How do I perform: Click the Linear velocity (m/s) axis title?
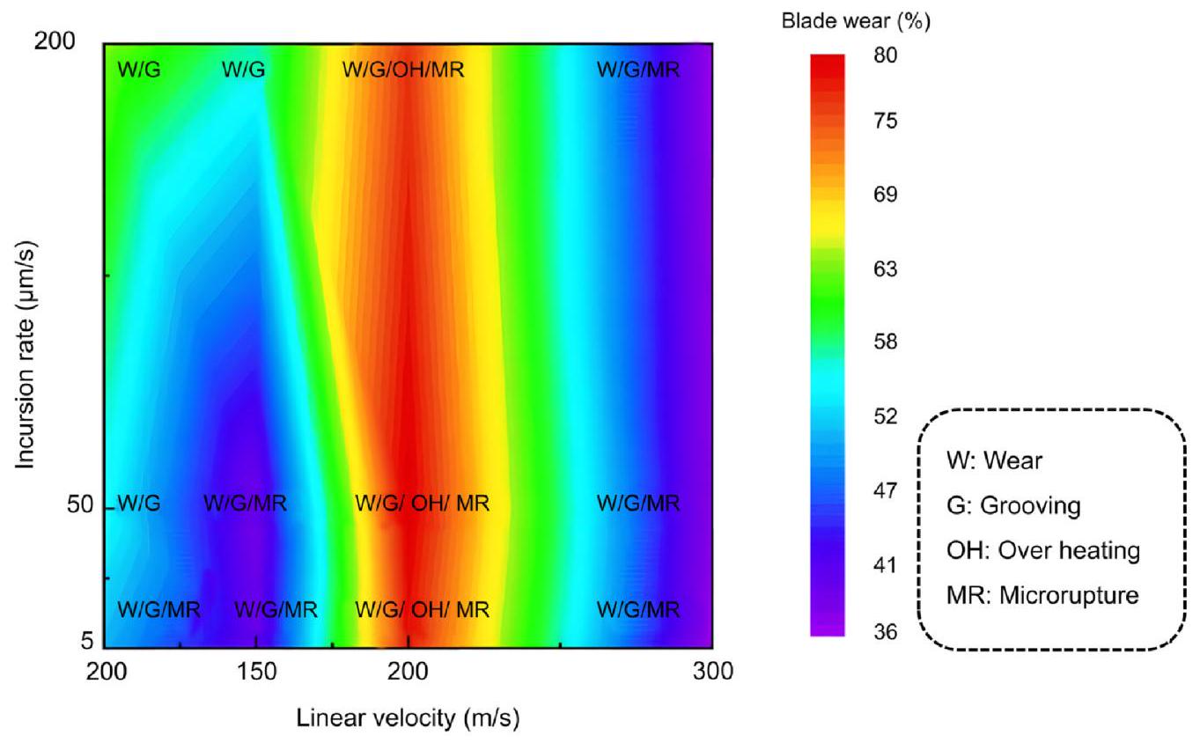click(407, 718)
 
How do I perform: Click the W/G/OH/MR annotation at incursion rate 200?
click(403, 69)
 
